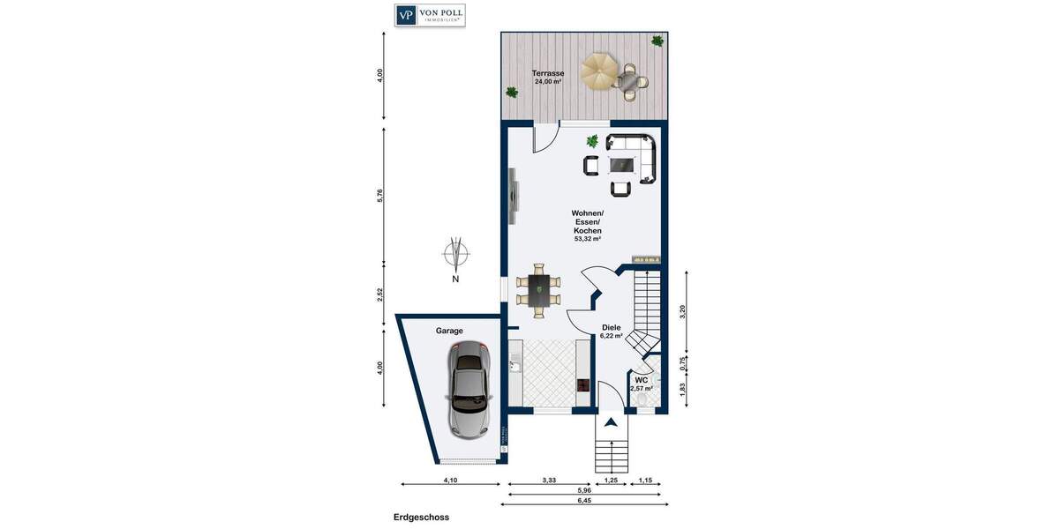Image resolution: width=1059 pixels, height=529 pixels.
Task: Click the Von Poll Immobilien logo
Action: [430, 15]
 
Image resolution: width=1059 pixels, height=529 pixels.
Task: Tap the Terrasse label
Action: [547, 73]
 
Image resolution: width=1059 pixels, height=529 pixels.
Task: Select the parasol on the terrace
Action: [600, 70]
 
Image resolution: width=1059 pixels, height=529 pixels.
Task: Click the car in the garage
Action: [469, 389]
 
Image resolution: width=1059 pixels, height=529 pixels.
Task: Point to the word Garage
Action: [449, 331]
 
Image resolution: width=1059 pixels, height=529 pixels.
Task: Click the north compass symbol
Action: [455, 255]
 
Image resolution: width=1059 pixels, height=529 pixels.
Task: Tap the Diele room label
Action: [612, 327]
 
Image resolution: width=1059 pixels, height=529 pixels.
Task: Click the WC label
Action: [642, 380]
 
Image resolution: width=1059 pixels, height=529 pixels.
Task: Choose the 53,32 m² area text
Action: [587, 239]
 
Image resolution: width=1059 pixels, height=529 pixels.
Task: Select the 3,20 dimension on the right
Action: [682, 310]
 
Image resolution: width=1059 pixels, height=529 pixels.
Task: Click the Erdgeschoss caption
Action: [421, 518]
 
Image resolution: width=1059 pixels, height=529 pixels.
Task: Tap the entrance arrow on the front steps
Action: [610, 422]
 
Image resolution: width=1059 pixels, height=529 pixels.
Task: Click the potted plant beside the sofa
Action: [592, 140]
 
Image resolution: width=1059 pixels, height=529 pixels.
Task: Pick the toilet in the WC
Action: [643, 402]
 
